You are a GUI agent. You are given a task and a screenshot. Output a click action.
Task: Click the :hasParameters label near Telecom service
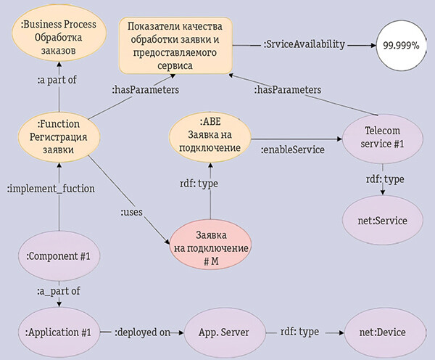pyautogui.click(x=287, y=89)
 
